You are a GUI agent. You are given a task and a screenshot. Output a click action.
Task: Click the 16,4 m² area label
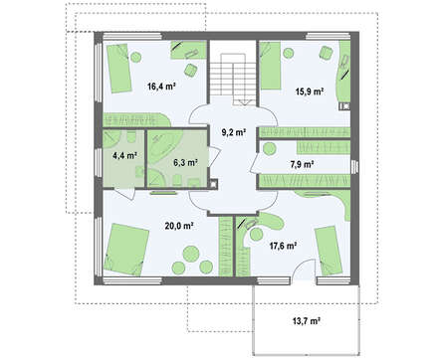[161, 88]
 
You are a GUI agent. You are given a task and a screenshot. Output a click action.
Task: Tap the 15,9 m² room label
[310, 91]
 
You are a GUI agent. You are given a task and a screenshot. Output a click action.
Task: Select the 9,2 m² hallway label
[234, 132]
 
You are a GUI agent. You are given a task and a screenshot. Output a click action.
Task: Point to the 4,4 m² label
[125, 155]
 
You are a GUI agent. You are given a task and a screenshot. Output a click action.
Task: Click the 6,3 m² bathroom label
[185, 162]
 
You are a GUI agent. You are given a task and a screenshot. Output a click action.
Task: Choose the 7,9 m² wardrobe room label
[302, 163]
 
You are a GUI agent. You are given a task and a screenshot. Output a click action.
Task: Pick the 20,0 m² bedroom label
[179, 226]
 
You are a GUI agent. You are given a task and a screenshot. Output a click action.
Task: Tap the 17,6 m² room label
[283, 246]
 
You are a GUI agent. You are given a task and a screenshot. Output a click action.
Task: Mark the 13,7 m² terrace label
[306, 321]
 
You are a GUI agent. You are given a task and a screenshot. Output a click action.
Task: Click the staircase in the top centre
[233, 80]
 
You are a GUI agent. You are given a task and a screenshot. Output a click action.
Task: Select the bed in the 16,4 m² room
[118, 68]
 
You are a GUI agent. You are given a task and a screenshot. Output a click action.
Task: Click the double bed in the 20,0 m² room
[126, 250]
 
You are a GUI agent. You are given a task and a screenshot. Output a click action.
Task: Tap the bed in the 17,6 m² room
[328, 251]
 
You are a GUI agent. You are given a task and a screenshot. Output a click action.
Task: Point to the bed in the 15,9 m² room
[270, 66]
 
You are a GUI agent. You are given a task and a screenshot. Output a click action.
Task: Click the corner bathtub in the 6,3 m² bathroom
[164, 146]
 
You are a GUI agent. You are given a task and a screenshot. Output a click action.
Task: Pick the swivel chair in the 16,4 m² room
[190, 71]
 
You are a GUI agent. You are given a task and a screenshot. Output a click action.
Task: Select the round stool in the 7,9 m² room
[270, 148]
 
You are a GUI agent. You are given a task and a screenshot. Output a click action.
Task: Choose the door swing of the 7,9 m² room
[255, 163]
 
